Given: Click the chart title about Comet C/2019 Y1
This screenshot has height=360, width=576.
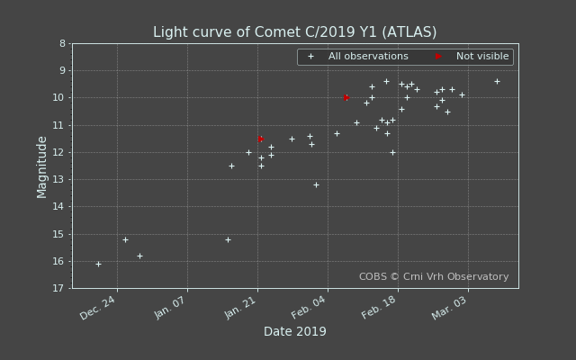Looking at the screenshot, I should pyautogui.click(x=294, y=32).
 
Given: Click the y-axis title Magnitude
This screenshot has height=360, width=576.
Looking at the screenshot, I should pyautogui.click(x=42, y=166).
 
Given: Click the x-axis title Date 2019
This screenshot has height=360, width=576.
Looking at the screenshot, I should pyautogui.click(x=294, y=331).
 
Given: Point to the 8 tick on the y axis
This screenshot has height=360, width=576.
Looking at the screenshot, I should pyautogui.click(x=62, y=43).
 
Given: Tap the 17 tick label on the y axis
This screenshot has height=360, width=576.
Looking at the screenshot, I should pyautogui.click(x=59, y=288).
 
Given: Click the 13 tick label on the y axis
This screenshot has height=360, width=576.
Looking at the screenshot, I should pyautogui.click(x=59, y=179).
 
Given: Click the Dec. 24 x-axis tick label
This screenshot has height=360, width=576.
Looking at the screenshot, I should pyautogui.click(x=98, y=308).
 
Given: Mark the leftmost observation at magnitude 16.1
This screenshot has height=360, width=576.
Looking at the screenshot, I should pyautogui.click(x=98, y=264).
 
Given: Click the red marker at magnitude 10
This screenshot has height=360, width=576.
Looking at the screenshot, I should pyautogui.click(x=346, y=97).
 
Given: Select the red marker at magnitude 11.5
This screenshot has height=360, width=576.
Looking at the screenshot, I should pyautogui.click(x=261, y=139).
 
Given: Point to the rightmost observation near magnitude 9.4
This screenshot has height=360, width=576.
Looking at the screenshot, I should pyautogui.click(x=497, y=81).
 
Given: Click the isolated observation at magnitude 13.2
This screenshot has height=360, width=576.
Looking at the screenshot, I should pyautogui.click(x=316, y=184).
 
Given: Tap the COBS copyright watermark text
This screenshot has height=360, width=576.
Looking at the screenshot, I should pyautogui.click(x=434, y=277).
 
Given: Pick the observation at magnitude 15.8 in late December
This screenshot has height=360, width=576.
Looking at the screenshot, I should pyautogui.click(x=139, y=256).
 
